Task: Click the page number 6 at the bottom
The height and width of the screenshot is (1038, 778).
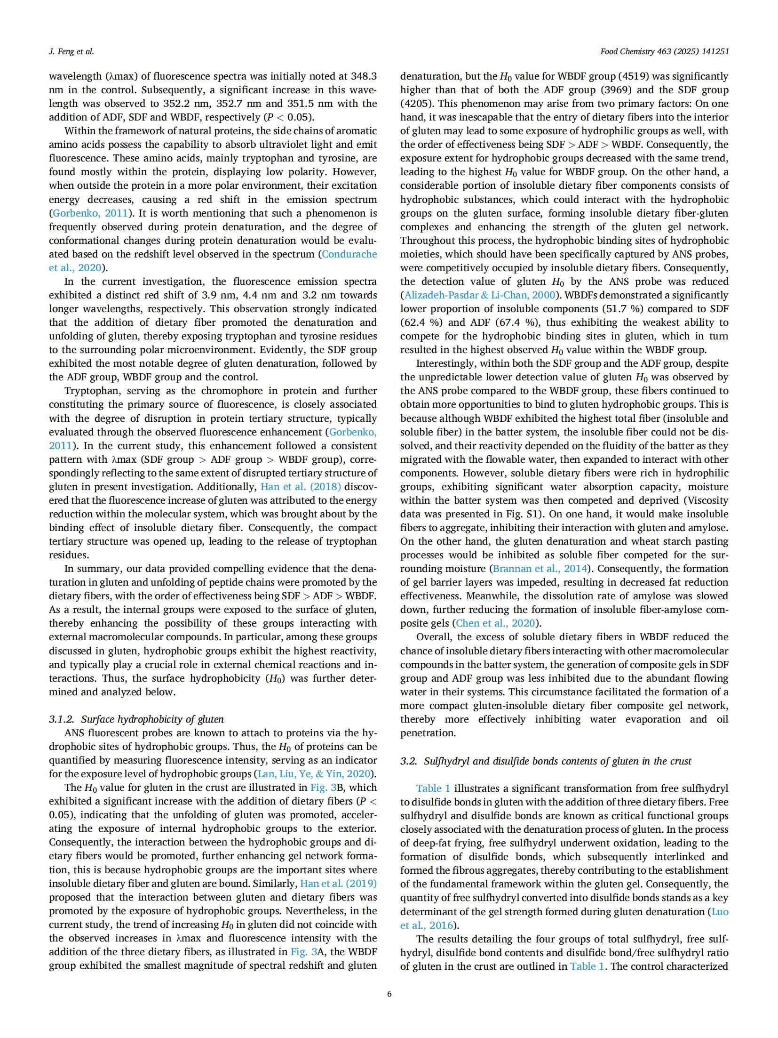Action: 389,994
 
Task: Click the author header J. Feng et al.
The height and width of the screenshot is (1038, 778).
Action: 71,52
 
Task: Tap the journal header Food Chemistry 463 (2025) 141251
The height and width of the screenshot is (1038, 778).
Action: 664,52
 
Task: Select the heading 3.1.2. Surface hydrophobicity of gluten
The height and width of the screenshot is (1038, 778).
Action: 136,719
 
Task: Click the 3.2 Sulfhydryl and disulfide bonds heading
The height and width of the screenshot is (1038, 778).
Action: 546,761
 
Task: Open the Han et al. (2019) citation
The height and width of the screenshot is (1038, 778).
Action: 338,883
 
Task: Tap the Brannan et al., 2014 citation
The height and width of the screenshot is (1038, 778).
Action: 540,569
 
